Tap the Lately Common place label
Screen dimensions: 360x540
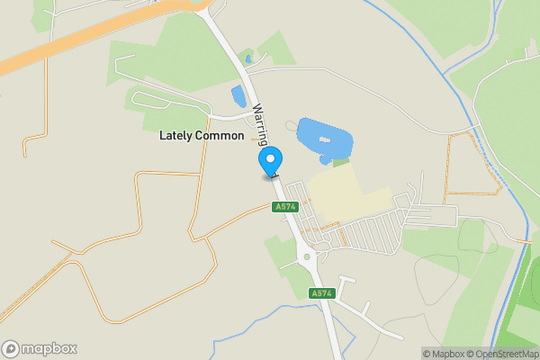click(202, 136)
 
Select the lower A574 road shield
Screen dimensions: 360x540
click(321, 293)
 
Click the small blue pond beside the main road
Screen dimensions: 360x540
click(239, 95)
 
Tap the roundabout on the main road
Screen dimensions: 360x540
click(308, 257)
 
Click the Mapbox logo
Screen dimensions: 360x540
click(40, 348)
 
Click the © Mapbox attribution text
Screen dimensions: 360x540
click(442, 354)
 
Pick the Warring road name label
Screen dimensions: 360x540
click(259, 123)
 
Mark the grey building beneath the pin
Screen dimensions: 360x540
click(269, 177)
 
